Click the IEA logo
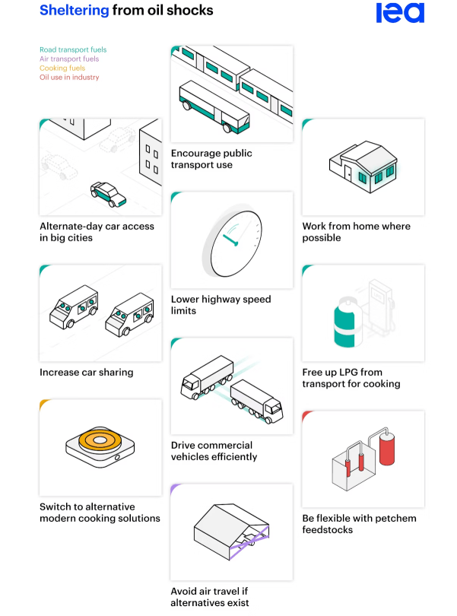[x=400, y=13]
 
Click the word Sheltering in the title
[x=75, y=10]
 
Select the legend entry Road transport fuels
[x=73, y=49]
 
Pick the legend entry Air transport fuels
[x=69, y=59]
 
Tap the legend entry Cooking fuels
[x=62, y=68]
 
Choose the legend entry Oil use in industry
[x=69, y=78]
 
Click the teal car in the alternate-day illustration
[x=108, y=194]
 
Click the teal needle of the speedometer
[x=230, y=240]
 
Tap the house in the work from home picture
[x=363, y=167]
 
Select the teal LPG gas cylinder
[x=348, y=322]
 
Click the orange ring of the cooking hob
[x=100, y=440]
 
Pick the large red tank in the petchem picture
[x=387, y=448]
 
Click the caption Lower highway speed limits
[x=221, y=305]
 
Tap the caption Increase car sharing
[x=87, y=372]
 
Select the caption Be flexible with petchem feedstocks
[x=359, y=524]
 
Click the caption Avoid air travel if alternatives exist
[x=209, y=597]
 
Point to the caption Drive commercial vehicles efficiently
[x=214, y=451]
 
